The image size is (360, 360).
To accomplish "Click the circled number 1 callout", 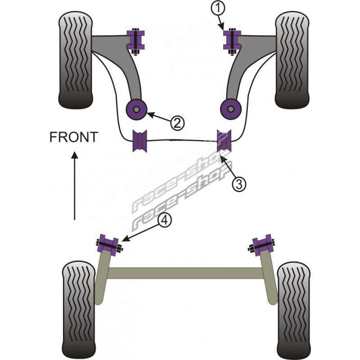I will coord(218,8).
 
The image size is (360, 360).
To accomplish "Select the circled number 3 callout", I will coord(239,183).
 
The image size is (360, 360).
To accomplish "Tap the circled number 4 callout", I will coord(165,220).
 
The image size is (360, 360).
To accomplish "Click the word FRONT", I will coord(73,137).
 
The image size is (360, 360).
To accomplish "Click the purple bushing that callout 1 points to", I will coord(233,39).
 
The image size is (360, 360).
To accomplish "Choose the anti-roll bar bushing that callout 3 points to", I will coord(224,140).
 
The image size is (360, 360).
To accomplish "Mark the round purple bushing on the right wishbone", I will coord(230,108).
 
